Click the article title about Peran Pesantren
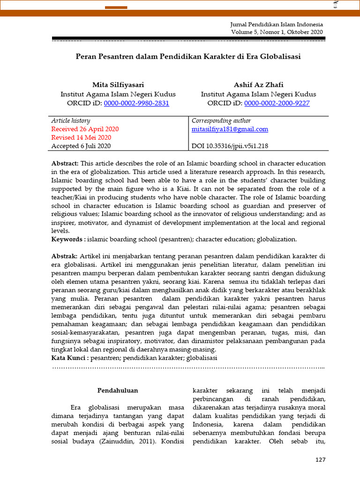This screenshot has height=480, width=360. click(188, 56)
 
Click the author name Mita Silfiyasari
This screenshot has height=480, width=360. click(118, 85)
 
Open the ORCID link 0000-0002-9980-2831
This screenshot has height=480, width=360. click(136, 103)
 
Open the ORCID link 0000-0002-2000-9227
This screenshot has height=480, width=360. click(277, 103)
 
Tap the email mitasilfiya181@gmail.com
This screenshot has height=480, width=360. click(230, 129)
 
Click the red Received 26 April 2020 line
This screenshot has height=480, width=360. click(85, 129)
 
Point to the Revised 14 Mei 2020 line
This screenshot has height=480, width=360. click(81, 137)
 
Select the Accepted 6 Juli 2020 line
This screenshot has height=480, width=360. click(81, 146)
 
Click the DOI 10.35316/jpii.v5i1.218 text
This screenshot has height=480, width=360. click(230, 146)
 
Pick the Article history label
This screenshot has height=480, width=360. click(71, 120)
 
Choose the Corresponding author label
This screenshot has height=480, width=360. click(221, 120)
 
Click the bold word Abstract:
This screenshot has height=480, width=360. click(65, 163)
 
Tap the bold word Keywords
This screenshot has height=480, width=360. click(67, 239)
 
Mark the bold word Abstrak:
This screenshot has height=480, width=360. click(65, 256)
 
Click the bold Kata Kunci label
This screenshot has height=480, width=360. click(69, 358)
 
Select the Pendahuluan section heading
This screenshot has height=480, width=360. click(118, 390)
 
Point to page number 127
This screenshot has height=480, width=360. click(320, 460)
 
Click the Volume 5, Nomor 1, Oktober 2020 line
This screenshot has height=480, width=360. click(277, 32)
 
